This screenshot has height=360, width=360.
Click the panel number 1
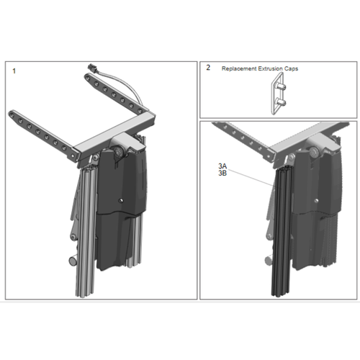[14, 71]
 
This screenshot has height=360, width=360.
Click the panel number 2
[208, 68]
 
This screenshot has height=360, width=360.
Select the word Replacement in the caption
[239, 68]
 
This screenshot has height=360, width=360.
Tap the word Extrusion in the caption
[270, 68]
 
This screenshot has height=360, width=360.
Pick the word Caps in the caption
[291, 69]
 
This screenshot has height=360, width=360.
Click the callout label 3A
[222, 166]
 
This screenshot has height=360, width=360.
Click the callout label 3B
[222, 173]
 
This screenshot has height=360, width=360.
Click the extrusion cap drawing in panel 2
[279, 94]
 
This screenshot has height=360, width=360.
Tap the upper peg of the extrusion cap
[281, 86]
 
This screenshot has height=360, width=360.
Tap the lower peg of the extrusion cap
[281, 102]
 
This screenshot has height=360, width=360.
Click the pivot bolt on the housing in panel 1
[118, 151]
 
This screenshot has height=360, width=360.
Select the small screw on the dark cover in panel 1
[122, 200]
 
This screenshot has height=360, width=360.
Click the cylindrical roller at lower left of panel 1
[73, 261]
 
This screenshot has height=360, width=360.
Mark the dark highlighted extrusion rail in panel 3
[282, 232]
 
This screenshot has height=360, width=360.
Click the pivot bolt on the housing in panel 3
[314, 152]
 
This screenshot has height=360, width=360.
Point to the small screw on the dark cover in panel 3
[317, 201]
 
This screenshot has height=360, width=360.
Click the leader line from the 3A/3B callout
[251, 178]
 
